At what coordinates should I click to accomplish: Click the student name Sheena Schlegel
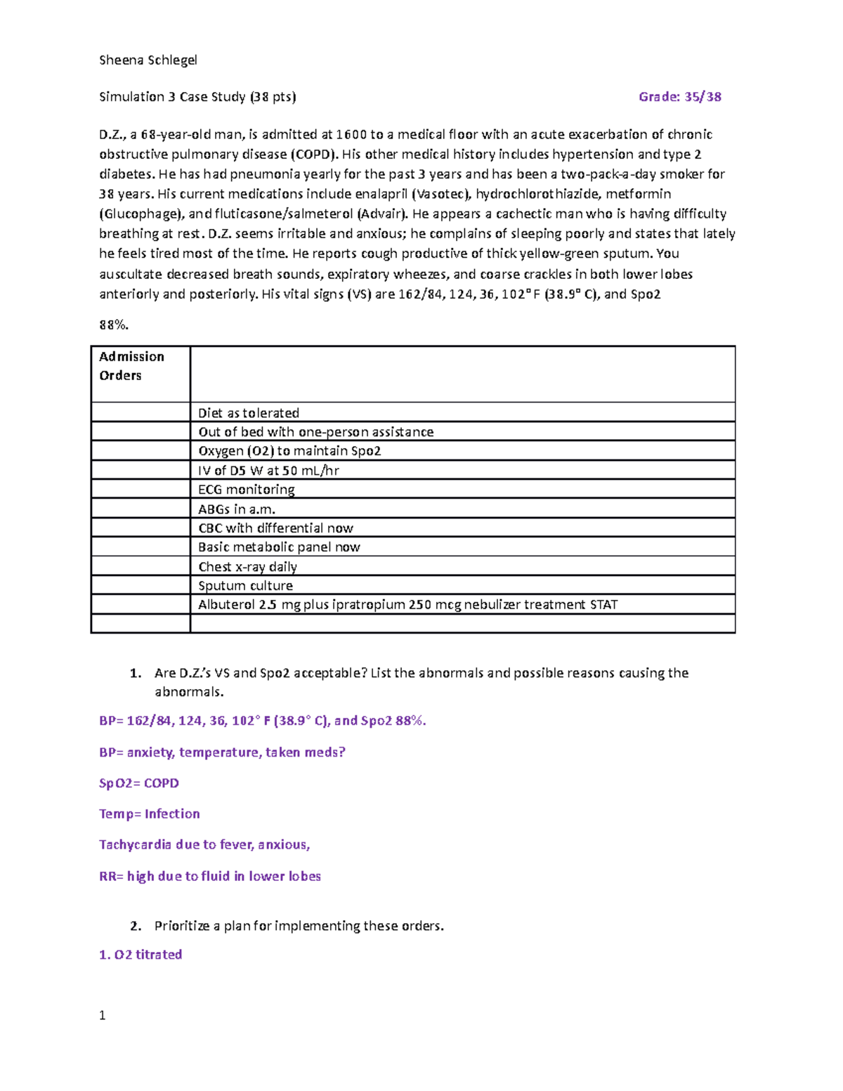(x=148, y=60)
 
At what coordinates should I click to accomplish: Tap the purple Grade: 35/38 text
(x=679, y=97)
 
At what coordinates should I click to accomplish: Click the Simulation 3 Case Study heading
(x=197, y=97)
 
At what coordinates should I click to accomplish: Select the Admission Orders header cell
(x=132, y=366)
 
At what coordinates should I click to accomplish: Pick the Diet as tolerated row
(x=249, y=413)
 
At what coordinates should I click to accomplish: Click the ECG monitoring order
(x=247, y=490)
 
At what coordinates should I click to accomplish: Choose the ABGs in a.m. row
(x=237, y=509)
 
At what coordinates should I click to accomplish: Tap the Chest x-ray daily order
(x=247, y=567)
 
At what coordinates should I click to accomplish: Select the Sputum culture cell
(x=246, y=586)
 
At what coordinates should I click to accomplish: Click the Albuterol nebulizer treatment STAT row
(x=407, y=605)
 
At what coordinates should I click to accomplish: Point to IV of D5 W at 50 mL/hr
(x=268, y=471)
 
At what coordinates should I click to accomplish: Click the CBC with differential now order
(x=275, y=528)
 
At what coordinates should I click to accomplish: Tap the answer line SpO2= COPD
(x=139, y=783)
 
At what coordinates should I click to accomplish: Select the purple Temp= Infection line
(x=150, y=814)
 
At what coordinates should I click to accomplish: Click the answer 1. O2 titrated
(x=140, y=955)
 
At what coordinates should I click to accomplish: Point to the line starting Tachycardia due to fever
(x=204, y=845)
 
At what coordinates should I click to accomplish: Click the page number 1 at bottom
(x=103, y=1015)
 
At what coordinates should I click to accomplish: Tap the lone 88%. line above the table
(x=114, y=325)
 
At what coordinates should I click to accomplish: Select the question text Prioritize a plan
(x=299, y=926)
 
